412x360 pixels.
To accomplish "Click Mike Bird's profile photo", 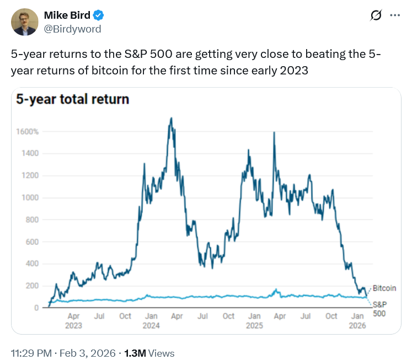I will (x=24, y=23).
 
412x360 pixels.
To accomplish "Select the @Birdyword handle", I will (x=72, y=29).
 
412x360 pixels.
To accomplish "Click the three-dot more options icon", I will (x=395, y=15).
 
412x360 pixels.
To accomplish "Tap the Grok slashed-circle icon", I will (x=376, y=15).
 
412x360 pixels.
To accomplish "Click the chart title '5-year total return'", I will (x=72, y=100).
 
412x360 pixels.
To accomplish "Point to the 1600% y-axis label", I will (x=28, y=132).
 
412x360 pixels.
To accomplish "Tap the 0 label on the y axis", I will (x=36, y=308).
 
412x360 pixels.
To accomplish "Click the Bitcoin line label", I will (x=384, y=288).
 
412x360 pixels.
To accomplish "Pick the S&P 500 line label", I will (x=380, y=309).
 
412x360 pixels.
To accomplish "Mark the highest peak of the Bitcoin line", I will (x=172, y=118).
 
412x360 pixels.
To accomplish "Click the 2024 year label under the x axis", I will (x=151, y=326).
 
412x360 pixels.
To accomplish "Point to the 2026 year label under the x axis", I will (x=358, y=326).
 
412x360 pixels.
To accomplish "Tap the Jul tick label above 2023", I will (x=99, y=316).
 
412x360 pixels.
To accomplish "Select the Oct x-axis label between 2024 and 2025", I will (x=228, y=316).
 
